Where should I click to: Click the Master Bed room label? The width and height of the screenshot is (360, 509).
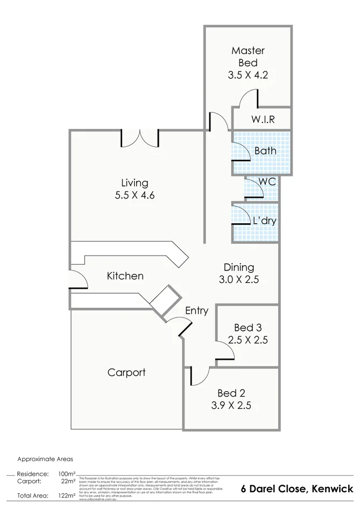click(248, 56)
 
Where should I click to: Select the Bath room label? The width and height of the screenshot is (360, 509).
click(265, 151)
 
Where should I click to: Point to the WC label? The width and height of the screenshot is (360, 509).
click(267, 182)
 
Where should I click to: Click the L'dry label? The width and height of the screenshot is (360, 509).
click(265, 220)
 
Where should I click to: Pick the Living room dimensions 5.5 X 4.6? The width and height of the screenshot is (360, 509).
click(135, 196)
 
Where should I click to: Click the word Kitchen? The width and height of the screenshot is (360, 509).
click(125, 276)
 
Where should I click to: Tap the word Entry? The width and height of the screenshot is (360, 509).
click(196, 310)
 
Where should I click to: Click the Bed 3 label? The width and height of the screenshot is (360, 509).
click(248, 327)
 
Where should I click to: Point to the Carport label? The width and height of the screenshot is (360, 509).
click(126, 372)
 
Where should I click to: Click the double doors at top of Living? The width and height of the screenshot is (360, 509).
click(140, 137)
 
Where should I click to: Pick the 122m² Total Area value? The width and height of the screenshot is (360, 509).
click(67, 496)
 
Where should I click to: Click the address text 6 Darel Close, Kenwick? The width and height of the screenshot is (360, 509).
click(297, 489)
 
